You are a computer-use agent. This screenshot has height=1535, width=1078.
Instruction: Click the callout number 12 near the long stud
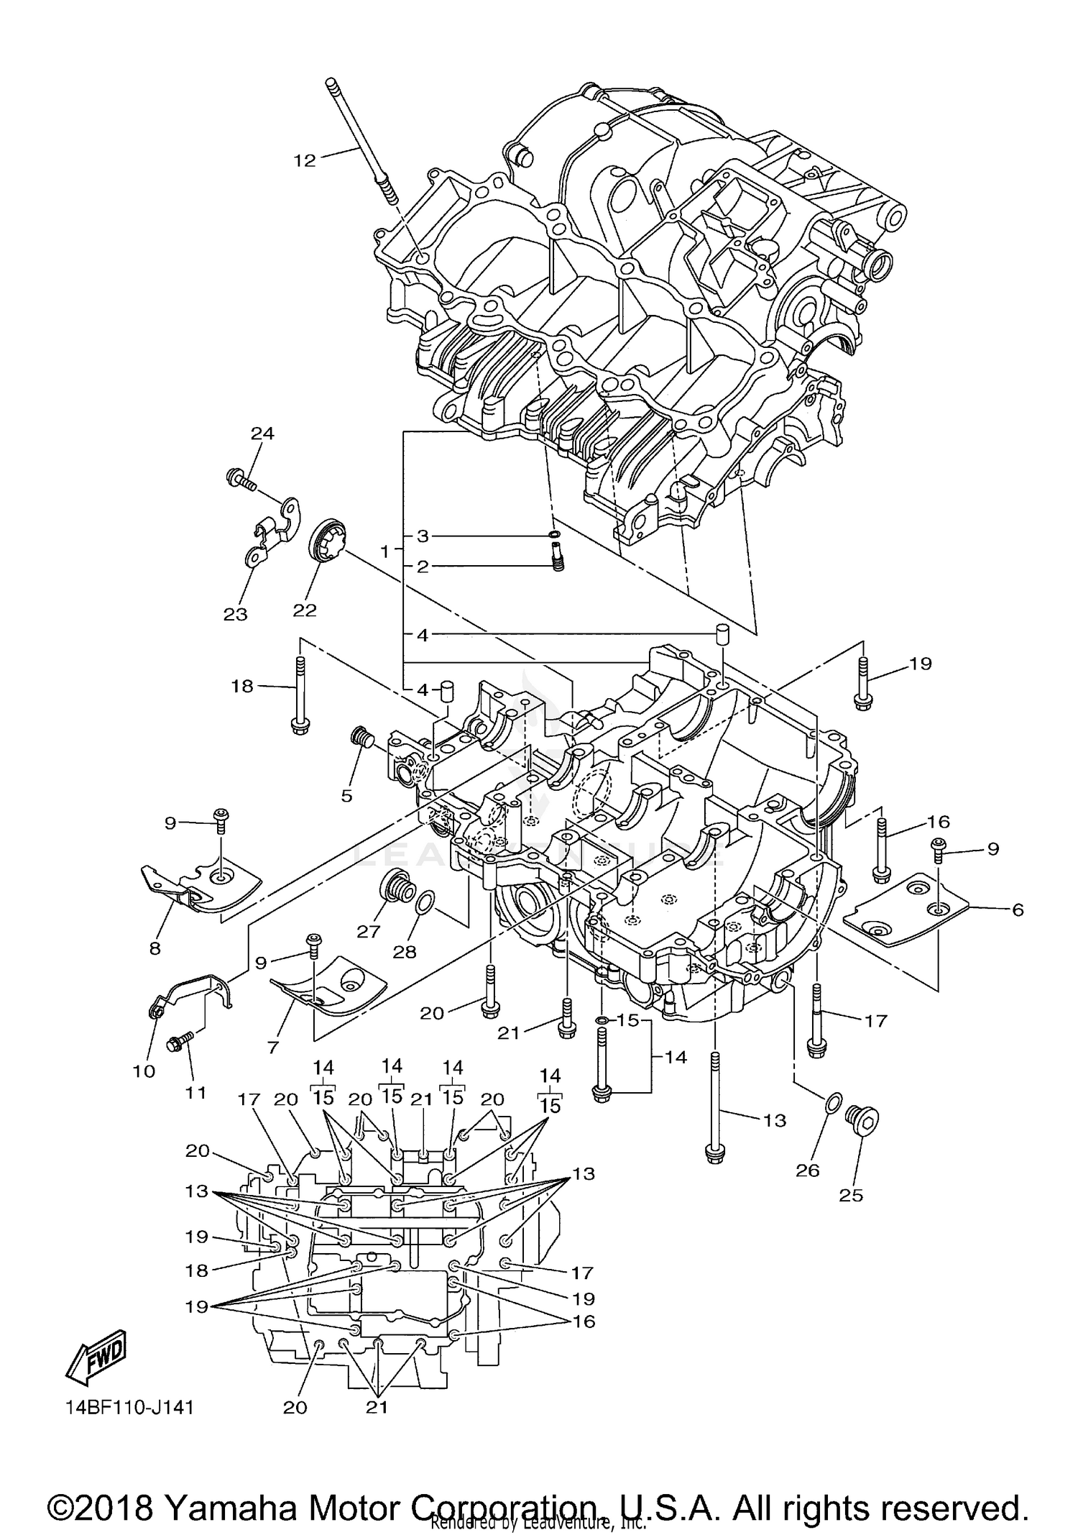click(x=305, y=160)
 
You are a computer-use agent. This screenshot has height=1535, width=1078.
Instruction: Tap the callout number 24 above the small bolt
click(x=262, y=433)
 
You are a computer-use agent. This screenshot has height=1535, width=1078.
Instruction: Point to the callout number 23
click(x=235, y=614)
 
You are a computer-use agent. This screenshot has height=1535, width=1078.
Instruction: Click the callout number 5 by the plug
click(x=346, y=796)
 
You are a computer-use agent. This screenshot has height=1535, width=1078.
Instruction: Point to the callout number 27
click(x=368, y=932)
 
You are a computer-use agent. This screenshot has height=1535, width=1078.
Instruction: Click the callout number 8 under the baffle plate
click(x=155, y=948)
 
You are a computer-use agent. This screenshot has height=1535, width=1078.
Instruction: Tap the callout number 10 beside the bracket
click(x=144, y=1071)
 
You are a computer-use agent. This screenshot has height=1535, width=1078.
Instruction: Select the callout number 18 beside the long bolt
click(x=242, y=687)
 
